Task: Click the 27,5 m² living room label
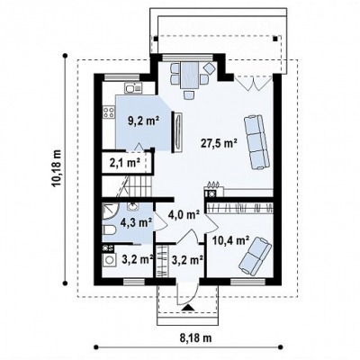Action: [x=219, y=143]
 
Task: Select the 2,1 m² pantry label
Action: [x=125, y=163]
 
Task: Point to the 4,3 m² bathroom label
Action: [x=137, y=222]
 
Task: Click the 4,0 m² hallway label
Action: [x=184, y=214]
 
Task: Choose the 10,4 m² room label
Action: [x=230, y=240]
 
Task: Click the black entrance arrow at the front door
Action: [x=188, y=307]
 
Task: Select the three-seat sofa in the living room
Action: [x=256, y=142]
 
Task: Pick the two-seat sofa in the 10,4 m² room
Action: [x=255, y=256]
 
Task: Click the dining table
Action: [x=189, y=75]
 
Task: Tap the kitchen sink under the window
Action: [x=133, y=88]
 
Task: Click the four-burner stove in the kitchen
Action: [x=109, y=112]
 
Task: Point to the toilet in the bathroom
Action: [x=109, y=230]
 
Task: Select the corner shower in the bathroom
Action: [x=110, y=212]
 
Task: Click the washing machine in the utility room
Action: [x=109, y=260]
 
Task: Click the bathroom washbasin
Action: [x=132, y=206]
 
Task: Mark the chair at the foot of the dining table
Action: [x=189, y=95]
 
